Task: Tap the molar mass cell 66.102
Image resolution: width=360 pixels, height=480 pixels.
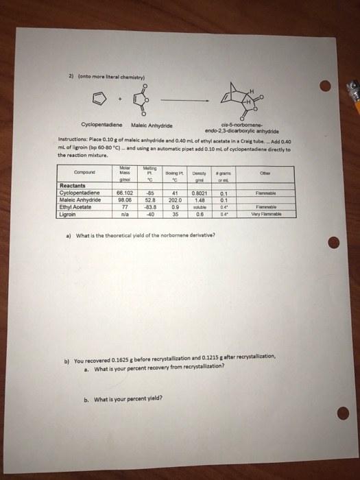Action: pyautogui.click(x=123, y=175)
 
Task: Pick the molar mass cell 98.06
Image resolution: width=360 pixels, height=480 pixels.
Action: pyautogui.click(x=123, y=181)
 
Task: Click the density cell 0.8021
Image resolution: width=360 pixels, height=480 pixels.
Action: pyautogui.click(x=198, y=175)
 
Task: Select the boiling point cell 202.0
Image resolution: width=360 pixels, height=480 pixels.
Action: pyautogui.click(x=175, y=181)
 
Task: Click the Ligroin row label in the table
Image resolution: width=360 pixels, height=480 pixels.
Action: pyautogui.click(x=70, y=194)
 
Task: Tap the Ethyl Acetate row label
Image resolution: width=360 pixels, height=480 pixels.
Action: pyautogui.click(x=77, y=187)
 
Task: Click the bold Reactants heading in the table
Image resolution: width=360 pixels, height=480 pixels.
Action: pyautogui.click(x=73, y=169)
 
